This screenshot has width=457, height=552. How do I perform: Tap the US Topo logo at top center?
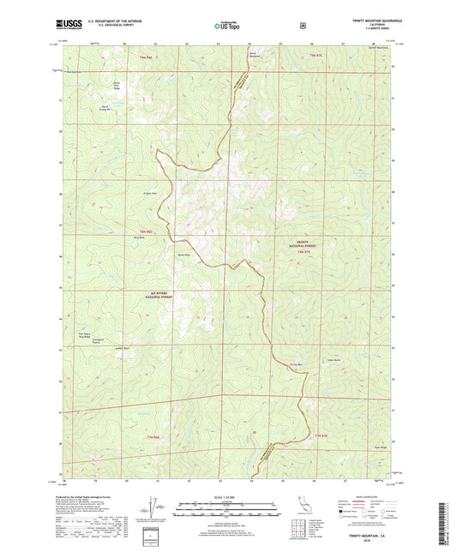227,27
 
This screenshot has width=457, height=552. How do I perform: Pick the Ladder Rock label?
121,348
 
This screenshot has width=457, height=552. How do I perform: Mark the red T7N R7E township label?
320,438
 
